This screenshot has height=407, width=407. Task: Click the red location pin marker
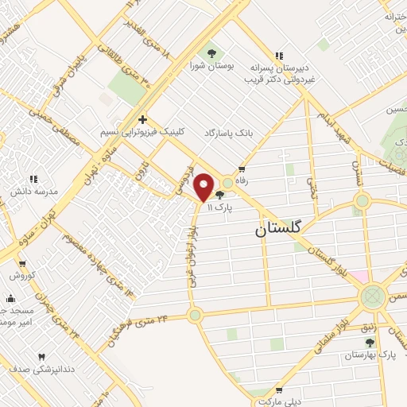pos(204,188)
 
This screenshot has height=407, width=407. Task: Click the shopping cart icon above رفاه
pos(242,169)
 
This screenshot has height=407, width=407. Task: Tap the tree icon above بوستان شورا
pos(210,52)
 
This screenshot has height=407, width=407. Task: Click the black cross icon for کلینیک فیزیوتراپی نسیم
pos(141,118)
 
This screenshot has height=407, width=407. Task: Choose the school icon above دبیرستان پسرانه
pos(277,56)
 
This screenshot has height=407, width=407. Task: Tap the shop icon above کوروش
pos(20,263)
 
